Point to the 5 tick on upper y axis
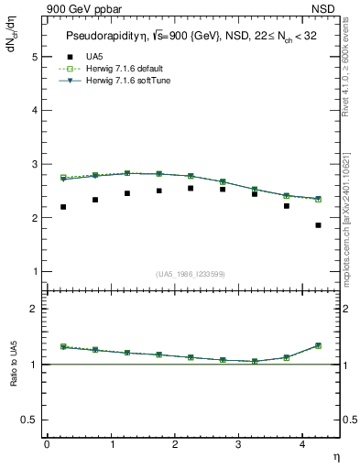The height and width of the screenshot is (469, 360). click(35, 57)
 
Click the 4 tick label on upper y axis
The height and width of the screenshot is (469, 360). click(35, 111)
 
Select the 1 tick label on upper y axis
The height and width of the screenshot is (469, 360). click(35, 272)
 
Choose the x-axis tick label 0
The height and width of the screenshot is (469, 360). click(47, 443)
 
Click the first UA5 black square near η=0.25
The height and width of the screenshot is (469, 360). click(63, 207)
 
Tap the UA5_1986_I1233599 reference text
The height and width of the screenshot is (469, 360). click(191, 274)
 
